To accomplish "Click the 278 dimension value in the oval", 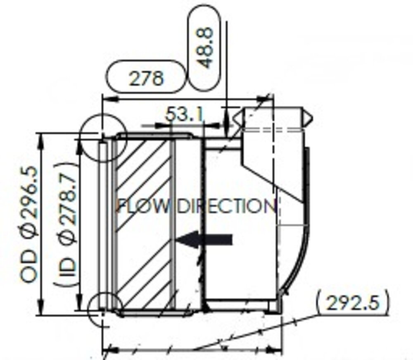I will pos(146,77).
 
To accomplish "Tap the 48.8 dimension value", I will pos(206,47).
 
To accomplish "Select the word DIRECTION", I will pos(226,206).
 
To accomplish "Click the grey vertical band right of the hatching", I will pos(173,223).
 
